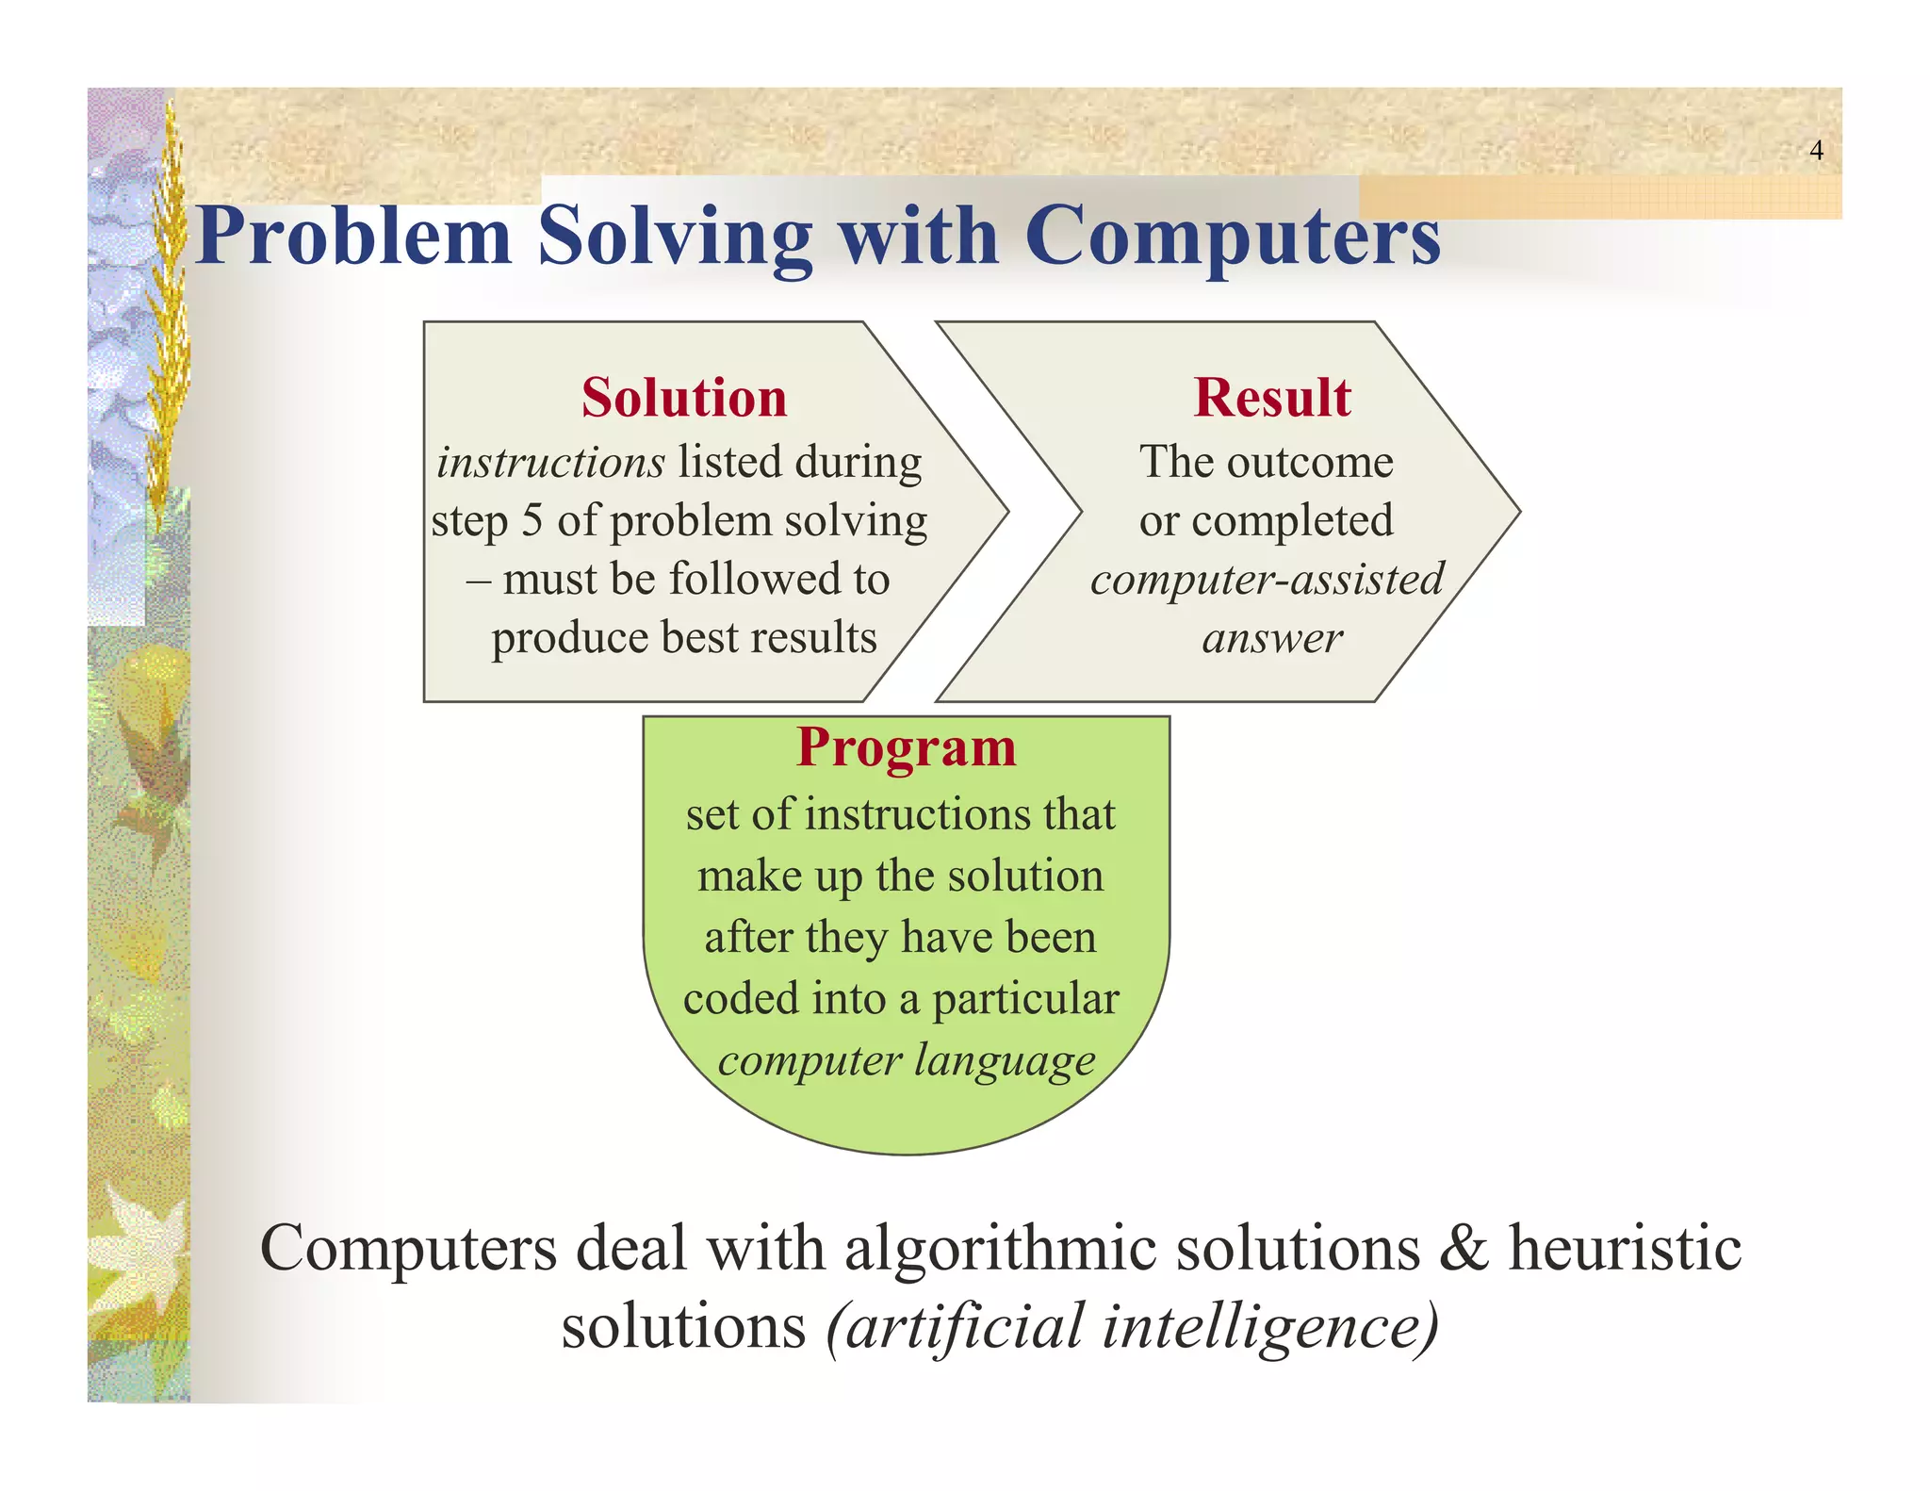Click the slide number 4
[x=1816, y=151]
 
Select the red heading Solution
[x=683, y=397]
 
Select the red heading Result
[x=1271, y=397]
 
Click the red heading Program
[x=906, y=747]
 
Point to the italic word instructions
[x=550, y=463]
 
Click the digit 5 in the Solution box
[x=532, y=521]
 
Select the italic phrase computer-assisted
[x=1267, y=579]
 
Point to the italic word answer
[x=1271, y=639]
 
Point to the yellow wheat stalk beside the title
[x=171, y=311]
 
